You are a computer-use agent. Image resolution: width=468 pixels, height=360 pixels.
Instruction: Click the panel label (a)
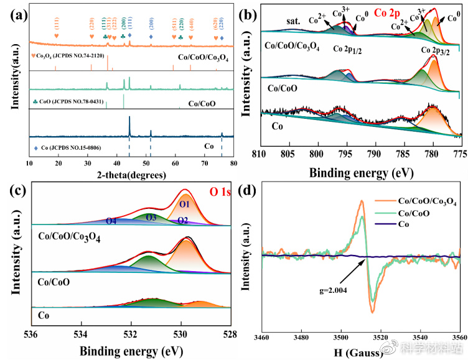coord(14,10)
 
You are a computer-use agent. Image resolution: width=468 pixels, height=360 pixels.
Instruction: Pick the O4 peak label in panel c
coord(111,221)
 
